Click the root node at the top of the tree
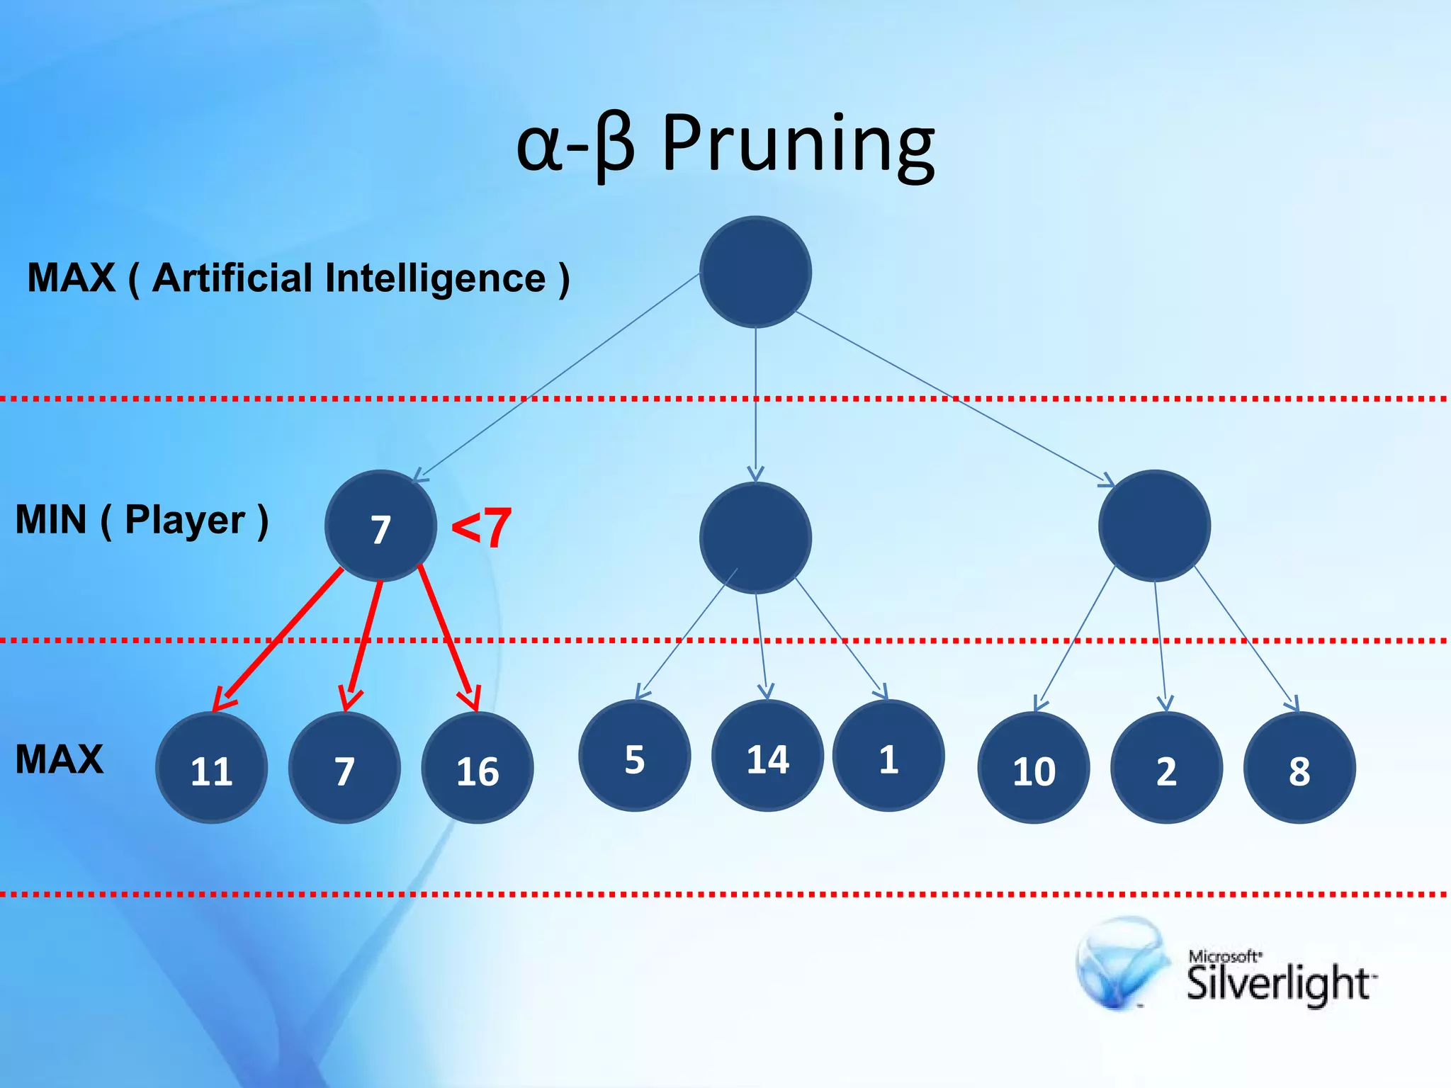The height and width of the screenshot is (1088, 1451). tap(755, 272)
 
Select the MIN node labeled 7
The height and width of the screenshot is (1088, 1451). tap(380, 526)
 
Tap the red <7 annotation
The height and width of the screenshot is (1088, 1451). tap(481, 528)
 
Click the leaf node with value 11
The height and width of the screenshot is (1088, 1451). tap(211, 768)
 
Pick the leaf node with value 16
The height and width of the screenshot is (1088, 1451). tap(477, 768)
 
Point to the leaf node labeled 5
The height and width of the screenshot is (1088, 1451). tap(634, 756)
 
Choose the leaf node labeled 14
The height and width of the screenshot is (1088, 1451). tap(767, 756)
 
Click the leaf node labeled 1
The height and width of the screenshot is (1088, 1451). tap(888, 756)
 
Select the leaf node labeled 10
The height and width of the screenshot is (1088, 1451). tap(1033, 768)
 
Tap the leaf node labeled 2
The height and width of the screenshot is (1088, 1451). tap(1166, 768)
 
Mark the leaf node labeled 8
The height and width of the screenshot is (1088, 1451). tap(1299, 768)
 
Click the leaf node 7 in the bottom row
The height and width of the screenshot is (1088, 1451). tap(344, 768)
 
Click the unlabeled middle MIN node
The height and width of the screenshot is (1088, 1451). tap(755, 538)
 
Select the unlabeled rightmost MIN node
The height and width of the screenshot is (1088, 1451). tap(1154, 526)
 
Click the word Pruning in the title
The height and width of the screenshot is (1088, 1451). tap(798, 145)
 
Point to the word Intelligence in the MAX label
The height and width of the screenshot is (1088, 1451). tap(435, 278)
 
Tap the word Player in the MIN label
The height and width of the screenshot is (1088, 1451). tap(185, 521)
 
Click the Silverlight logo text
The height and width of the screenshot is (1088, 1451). tap(1278, 983)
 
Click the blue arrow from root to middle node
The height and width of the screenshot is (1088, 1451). tap(755, 404)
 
